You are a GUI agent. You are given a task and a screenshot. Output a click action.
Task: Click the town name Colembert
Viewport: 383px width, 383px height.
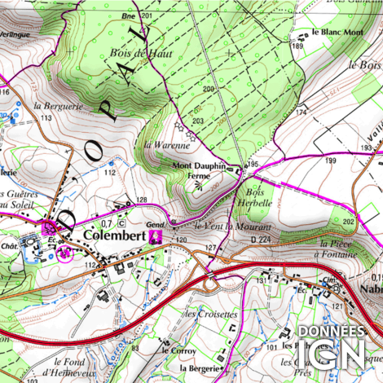tap(115, 236)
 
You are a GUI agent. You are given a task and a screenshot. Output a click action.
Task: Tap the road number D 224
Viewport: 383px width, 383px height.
tap(261, 240)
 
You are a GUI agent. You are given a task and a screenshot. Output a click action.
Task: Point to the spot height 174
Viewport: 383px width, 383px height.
tap(301, 111)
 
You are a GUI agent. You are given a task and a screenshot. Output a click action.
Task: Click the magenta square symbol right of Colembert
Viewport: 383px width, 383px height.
tap(159, 236)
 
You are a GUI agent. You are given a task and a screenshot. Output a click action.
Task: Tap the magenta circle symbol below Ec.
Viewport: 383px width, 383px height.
tap(65, 253)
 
